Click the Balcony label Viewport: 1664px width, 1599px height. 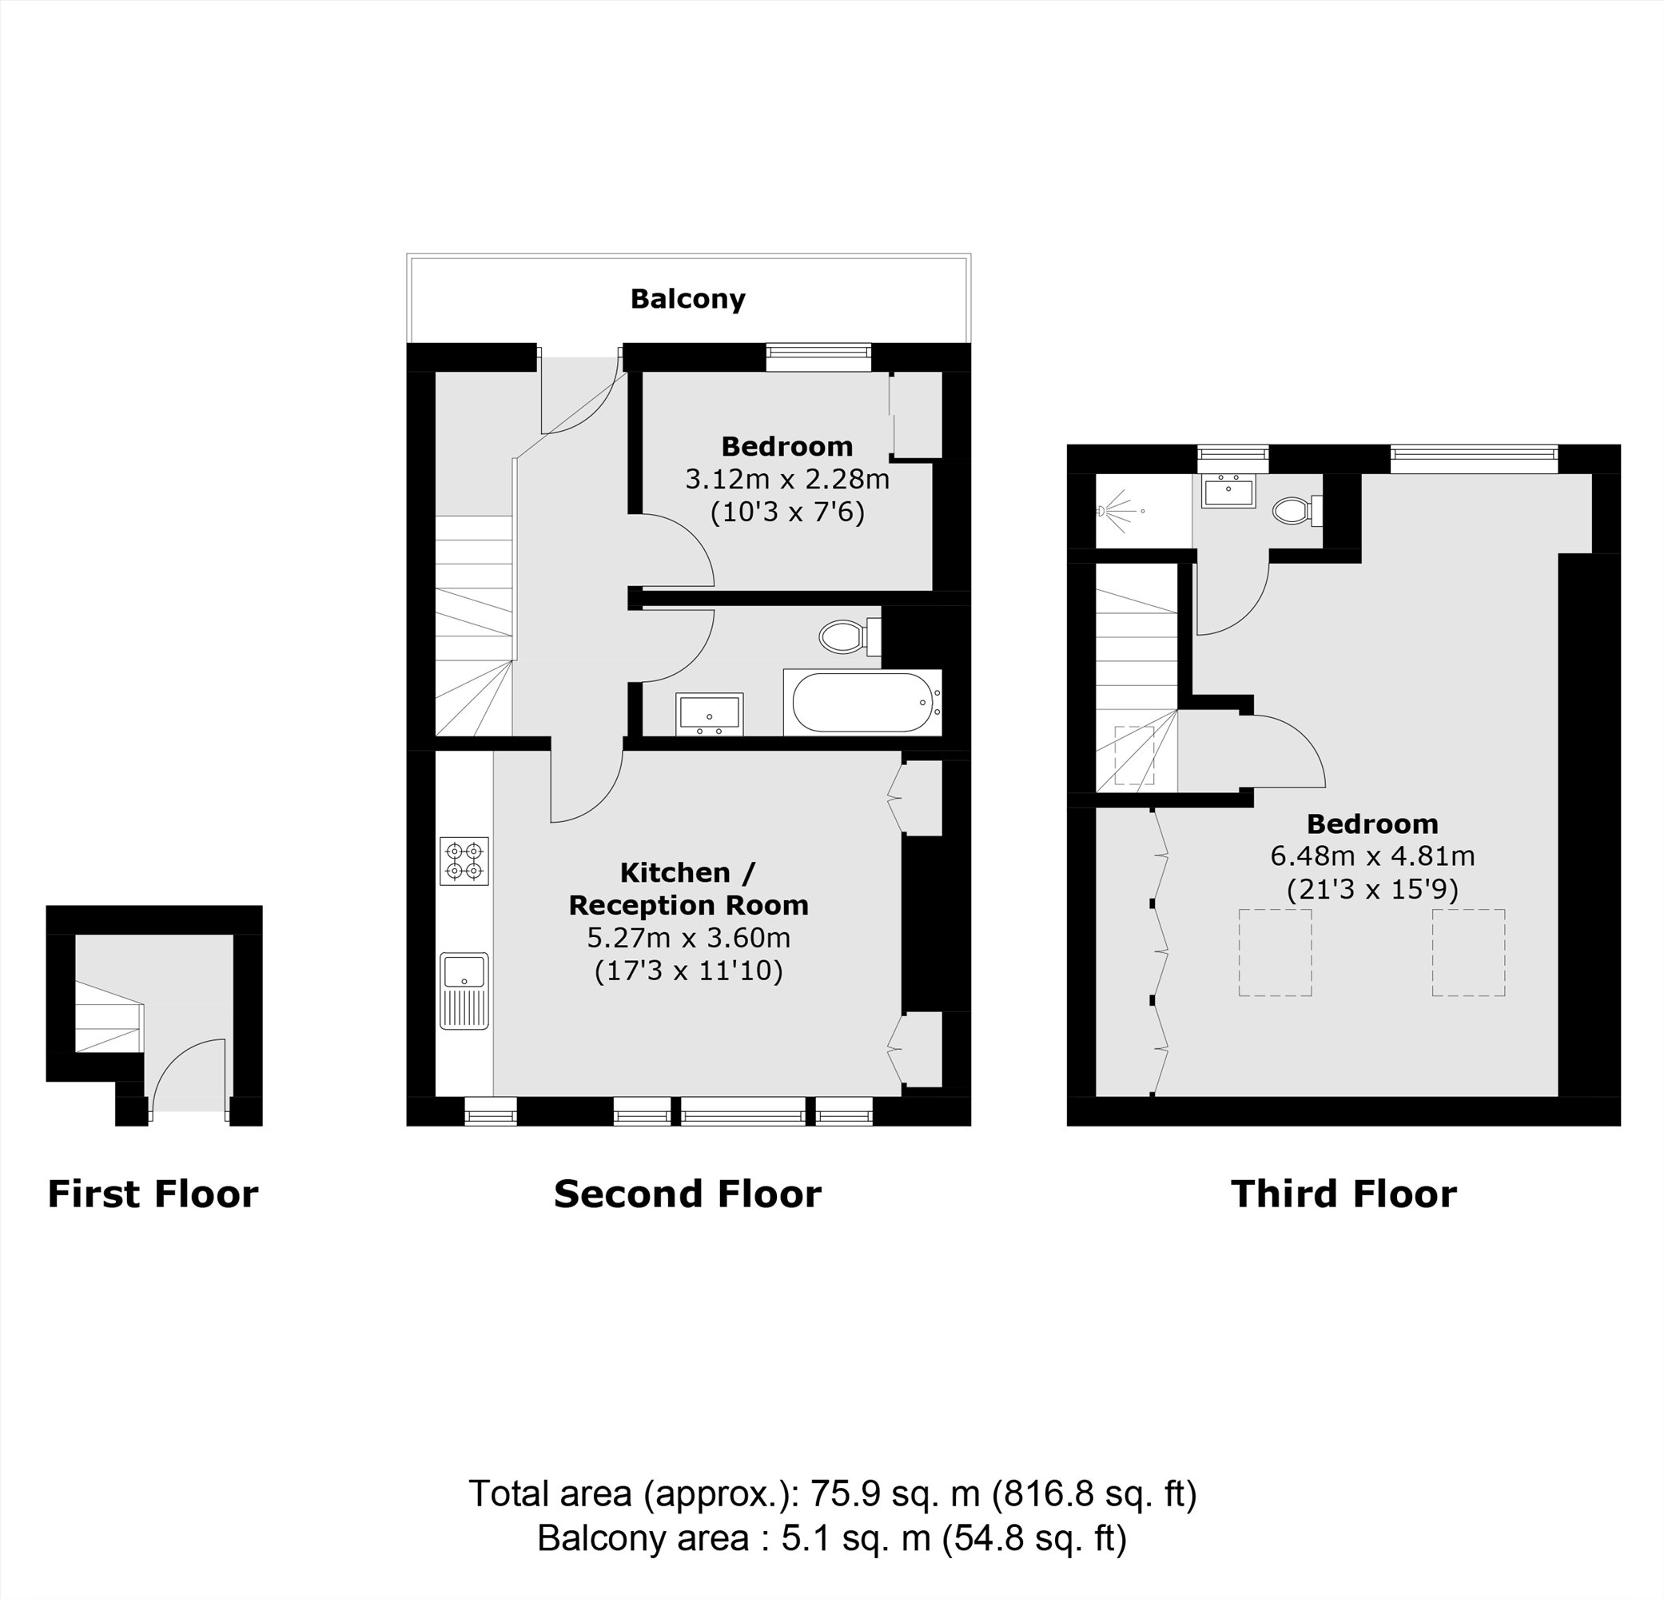pyautogui.click(x=687, y=299)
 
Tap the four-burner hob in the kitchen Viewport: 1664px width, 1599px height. pyautogui.click(x=464, y=861)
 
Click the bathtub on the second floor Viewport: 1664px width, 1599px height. pyautogui.click(x=861, y=703)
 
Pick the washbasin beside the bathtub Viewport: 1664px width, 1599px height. pyautogui.click(x=709, y=713)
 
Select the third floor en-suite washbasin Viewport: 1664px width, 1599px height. pyautogui.click(x=1228, y=492)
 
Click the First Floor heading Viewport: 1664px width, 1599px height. pyautogui.click(x=153, y=1194)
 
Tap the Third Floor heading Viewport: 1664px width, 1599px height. pyautogui.click(x=1343, y=1194)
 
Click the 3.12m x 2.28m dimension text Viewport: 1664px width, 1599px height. pyautogui.click(x=787, y=480)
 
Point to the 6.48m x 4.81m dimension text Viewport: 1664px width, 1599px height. pyautogui.click(x=1372, y=856)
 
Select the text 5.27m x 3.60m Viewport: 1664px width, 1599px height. pyautogui.click(x=688, y=939)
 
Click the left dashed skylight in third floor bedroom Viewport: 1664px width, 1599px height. pyautogui.click(x=1274, y=952)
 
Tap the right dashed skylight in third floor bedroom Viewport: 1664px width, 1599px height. pyautogui.click(x=1468, y=952)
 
